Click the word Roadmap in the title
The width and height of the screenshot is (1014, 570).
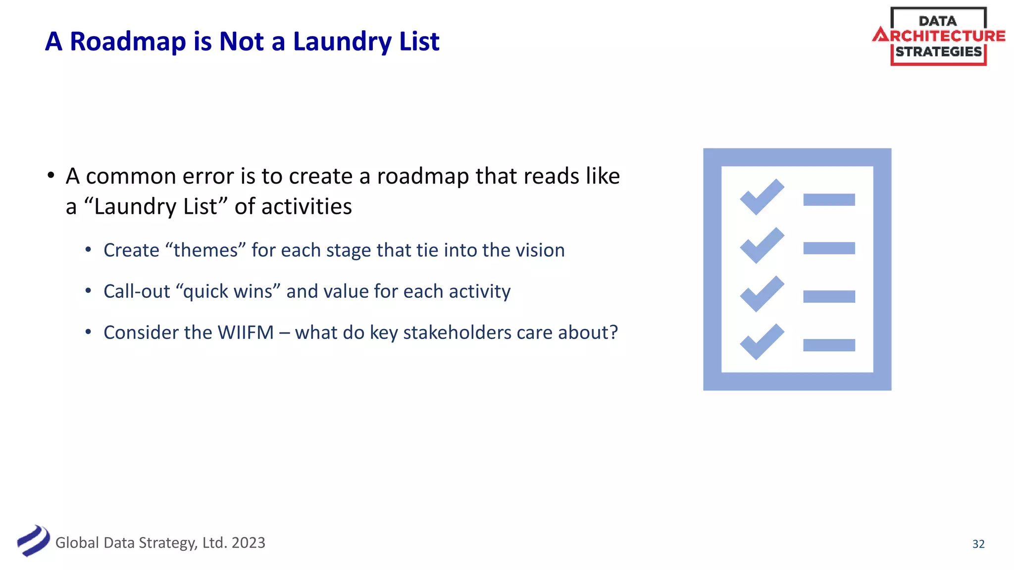(x=127, y=42)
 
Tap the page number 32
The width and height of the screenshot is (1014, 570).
(x=978, y=544)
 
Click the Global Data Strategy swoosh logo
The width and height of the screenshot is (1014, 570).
(x=33, y=541)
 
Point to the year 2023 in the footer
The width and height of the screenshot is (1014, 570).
(x=248, y=543)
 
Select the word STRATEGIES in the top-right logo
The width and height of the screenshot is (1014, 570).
(x=938, y=52)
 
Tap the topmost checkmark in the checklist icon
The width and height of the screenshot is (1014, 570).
(x=761, y=197)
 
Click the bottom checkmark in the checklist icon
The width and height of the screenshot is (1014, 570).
(x=761, y=342)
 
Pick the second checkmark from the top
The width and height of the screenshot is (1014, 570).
(x=761, y=245)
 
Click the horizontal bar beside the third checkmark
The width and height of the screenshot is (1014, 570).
(x=829, y=296)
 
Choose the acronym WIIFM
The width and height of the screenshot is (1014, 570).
(x=246, y=332)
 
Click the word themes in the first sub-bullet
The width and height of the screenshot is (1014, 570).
(x=205, y=250)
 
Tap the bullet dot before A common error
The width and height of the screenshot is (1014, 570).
(x=51, y=176)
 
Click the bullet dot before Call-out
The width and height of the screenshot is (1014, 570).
(x=88, y=291)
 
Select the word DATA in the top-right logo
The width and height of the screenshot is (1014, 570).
(x=937, y=21)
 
